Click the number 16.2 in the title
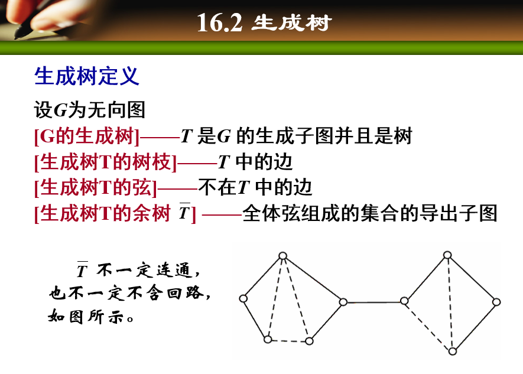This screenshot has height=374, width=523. click(x=219, y=24)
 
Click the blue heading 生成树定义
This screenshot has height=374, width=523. click(x=87, y=77)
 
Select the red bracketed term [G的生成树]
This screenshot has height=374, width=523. click(x=87, y=137)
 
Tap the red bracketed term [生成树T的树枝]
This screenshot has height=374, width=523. click(x=106, y=162)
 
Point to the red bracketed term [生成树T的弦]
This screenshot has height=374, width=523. click(x=96, y=187)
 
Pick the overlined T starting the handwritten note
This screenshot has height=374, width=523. click(x=82, y=271)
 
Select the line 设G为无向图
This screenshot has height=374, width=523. click(x=90, y=110)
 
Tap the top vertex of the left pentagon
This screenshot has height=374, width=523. click(x=283, y=256)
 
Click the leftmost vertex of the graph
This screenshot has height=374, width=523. click(x=243, y=299)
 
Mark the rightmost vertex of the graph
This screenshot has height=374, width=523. click(x=496, y=302)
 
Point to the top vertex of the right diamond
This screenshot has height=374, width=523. click(x=447, y=255)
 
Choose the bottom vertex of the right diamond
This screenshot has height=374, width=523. click(x=452, y=351)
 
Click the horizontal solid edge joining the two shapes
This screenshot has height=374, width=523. click(x=373, y=302)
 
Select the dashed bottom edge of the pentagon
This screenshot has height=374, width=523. click(x=288, y=340)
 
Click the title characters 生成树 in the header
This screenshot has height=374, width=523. click(x=292, y=24)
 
